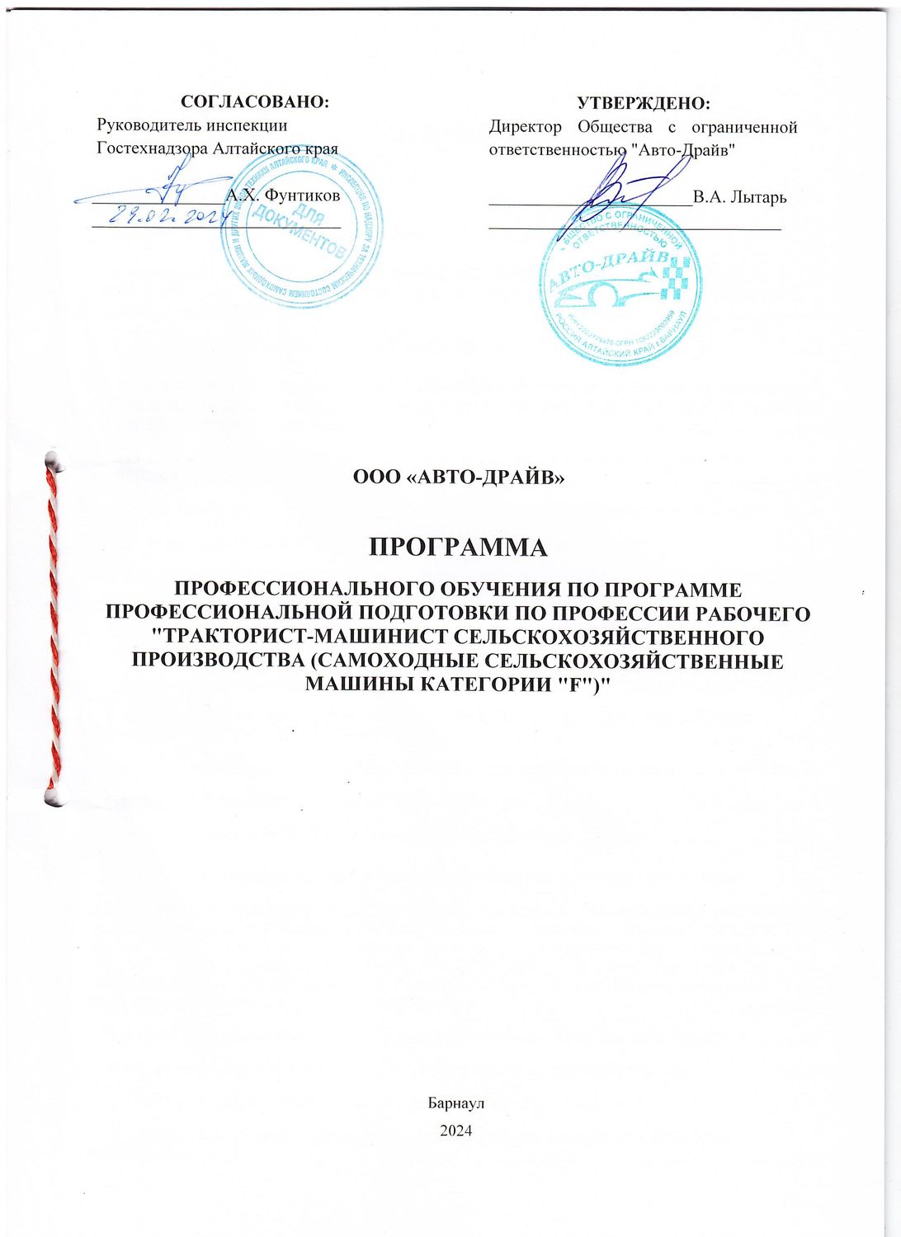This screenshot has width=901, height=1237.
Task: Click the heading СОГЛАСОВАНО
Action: pyautogui.click(x=254, y=101)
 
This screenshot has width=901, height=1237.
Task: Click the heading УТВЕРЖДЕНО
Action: pyautogui.click(x=643, y=103)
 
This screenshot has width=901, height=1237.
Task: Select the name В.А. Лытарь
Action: pyautogui.click(x=739, y=197)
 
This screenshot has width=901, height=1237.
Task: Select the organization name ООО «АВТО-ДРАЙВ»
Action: pyautogui.click(x=458, y=477)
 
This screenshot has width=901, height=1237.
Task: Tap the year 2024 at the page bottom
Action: pyautogui.click(x=456, y=1131)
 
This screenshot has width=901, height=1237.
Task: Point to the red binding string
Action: pyautogui.click(x=54, y=627)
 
